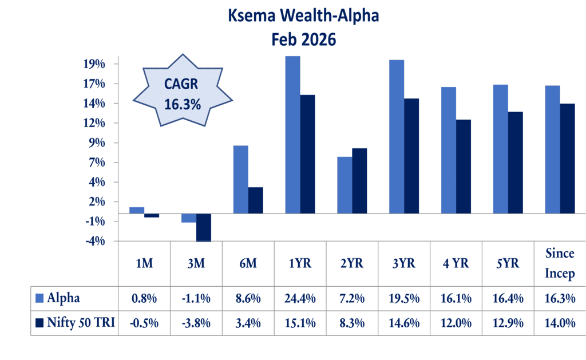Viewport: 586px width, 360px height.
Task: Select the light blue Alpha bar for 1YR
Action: [x=292, y=134]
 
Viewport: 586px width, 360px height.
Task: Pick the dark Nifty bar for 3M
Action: [x=203, y=228]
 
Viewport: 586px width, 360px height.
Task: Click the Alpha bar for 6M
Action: [x=240, y=180]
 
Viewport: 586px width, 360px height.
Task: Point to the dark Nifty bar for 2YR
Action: [x=359, y=181]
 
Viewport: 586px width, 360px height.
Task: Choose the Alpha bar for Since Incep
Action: [x=552, y=149]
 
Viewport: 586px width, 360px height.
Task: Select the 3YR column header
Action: [x=404, y=264]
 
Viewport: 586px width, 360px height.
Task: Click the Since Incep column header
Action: [x=560, y=263]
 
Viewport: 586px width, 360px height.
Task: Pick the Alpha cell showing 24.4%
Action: [x=300, y=298]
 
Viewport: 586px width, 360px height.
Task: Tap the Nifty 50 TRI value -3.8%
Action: [x=196, y=323]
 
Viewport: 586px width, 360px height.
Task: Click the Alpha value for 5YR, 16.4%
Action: [x=508, y=298]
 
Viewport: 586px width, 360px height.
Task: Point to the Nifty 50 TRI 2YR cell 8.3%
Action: [x=352, y=323]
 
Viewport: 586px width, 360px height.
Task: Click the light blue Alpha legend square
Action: [x=39, y=298]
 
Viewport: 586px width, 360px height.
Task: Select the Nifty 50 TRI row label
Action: [x=81, y=323]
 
